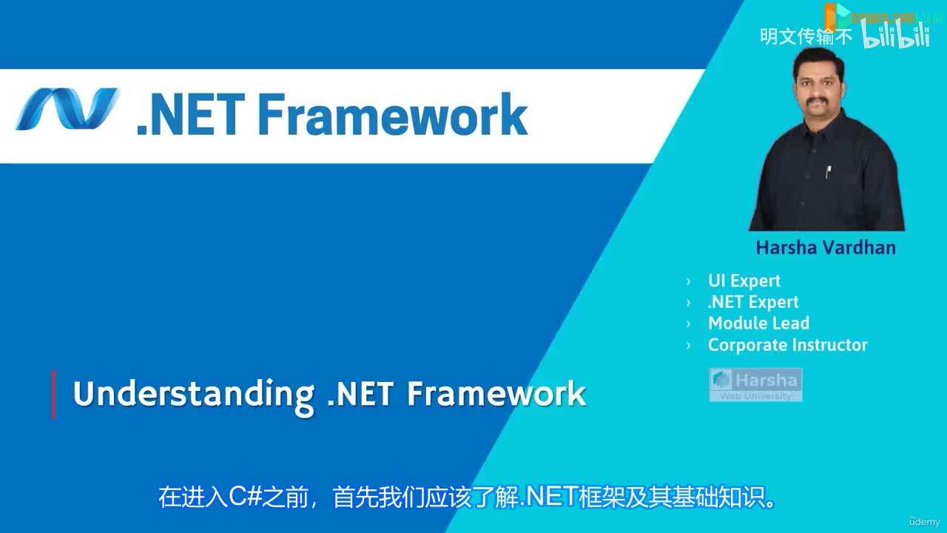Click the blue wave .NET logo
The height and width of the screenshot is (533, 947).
pos(67,110)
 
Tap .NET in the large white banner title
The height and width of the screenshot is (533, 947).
pos(190,115)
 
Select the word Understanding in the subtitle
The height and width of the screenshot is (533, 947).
pos(193,394)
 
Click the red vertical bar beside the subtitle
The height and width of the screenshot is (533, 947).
pos(53,395)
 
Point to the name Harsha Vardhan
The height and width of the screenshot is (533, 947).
pos(826,247)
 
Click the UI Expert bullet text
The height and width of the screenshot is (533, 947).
pos(744,281)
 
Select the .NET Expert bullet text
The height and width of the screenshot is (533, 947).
pos(753,302)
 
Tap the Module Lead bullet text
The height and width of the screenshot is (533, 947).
pos(758,324)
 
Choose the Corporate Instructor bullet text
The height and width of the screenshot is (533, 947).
pos(787,345)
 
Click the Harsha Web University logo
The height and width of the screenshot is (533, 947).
pos(755,385)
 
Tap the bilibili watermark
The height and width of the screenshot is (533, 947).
pos(895,35)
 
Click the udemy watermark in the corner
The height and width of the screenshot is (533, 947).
pos(925,521)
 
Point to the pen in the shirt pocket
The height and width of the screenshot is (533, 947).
pos(828,172)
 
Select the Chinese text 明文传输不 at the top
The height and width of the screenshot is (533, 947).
pos(806,36)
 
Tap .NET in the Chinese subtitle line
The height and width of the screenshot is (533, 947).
pos(548,497)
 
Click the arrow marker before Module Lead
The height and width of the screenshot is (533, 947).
pos(689,324)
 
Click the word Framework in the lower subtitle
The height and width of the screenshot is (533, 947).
pos(496,394)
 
